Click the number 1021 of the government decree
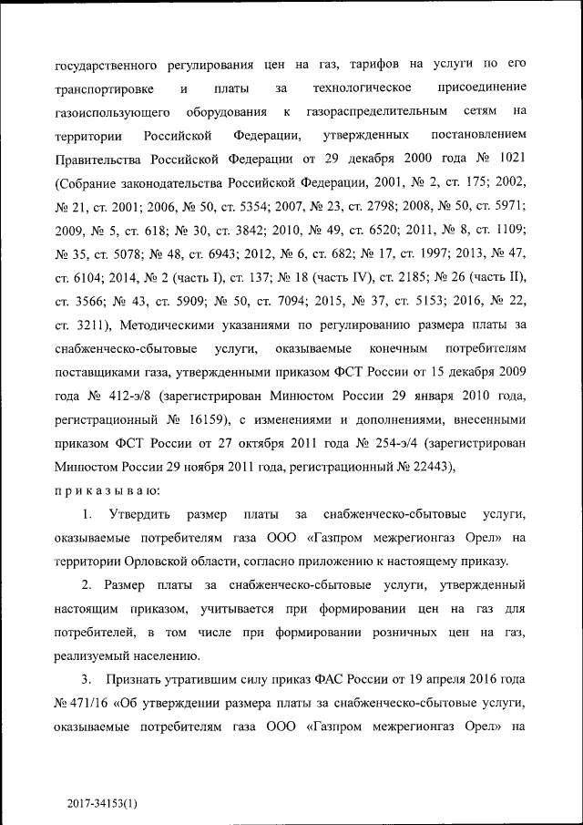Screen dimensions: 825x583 tap(507, 159)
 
